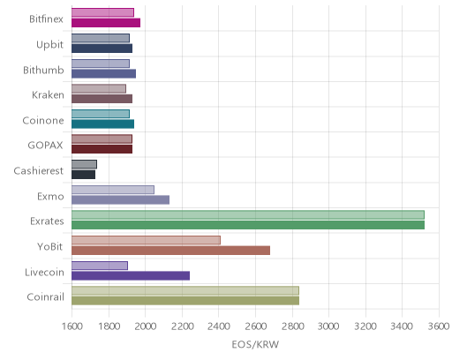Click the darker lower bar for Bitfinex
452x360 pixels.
[106, 23]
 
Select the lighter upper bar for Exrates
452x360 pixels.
[248, 215]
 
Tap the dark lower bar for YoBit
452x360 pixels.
[171, 251]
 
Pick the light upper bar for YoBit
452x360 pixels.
[146, 240]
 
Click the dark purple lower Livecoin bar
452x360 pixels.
[131, 276]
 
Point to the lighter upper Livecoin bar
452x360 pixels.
[100, 266]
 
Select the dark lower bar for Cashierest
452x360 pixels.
[84, 175]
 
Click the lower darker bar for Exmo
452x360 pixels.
[121, 200]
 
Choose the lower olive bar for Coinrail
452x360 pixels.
[185, 301]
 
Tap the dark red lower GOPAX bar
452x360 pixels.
[102, 149]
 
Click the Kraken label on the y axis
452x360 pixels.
[48, 95]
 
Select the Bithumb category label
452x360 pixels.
[43, 70]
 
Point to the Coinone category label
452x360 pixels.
[43, 121]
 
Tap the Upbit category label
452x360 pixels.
[50, 45]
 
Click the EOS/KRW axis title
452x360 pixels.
[255, 344]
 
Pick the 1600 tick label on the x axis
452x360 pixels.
[72, 326]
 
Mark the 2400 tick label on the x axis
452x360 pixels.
[219, 326]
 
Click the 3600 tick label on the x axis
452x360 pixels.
[439, 326]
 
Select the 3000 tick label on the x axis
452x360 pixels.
[328, 326]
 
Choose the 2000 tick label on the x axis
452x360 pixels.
[145, 326]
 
